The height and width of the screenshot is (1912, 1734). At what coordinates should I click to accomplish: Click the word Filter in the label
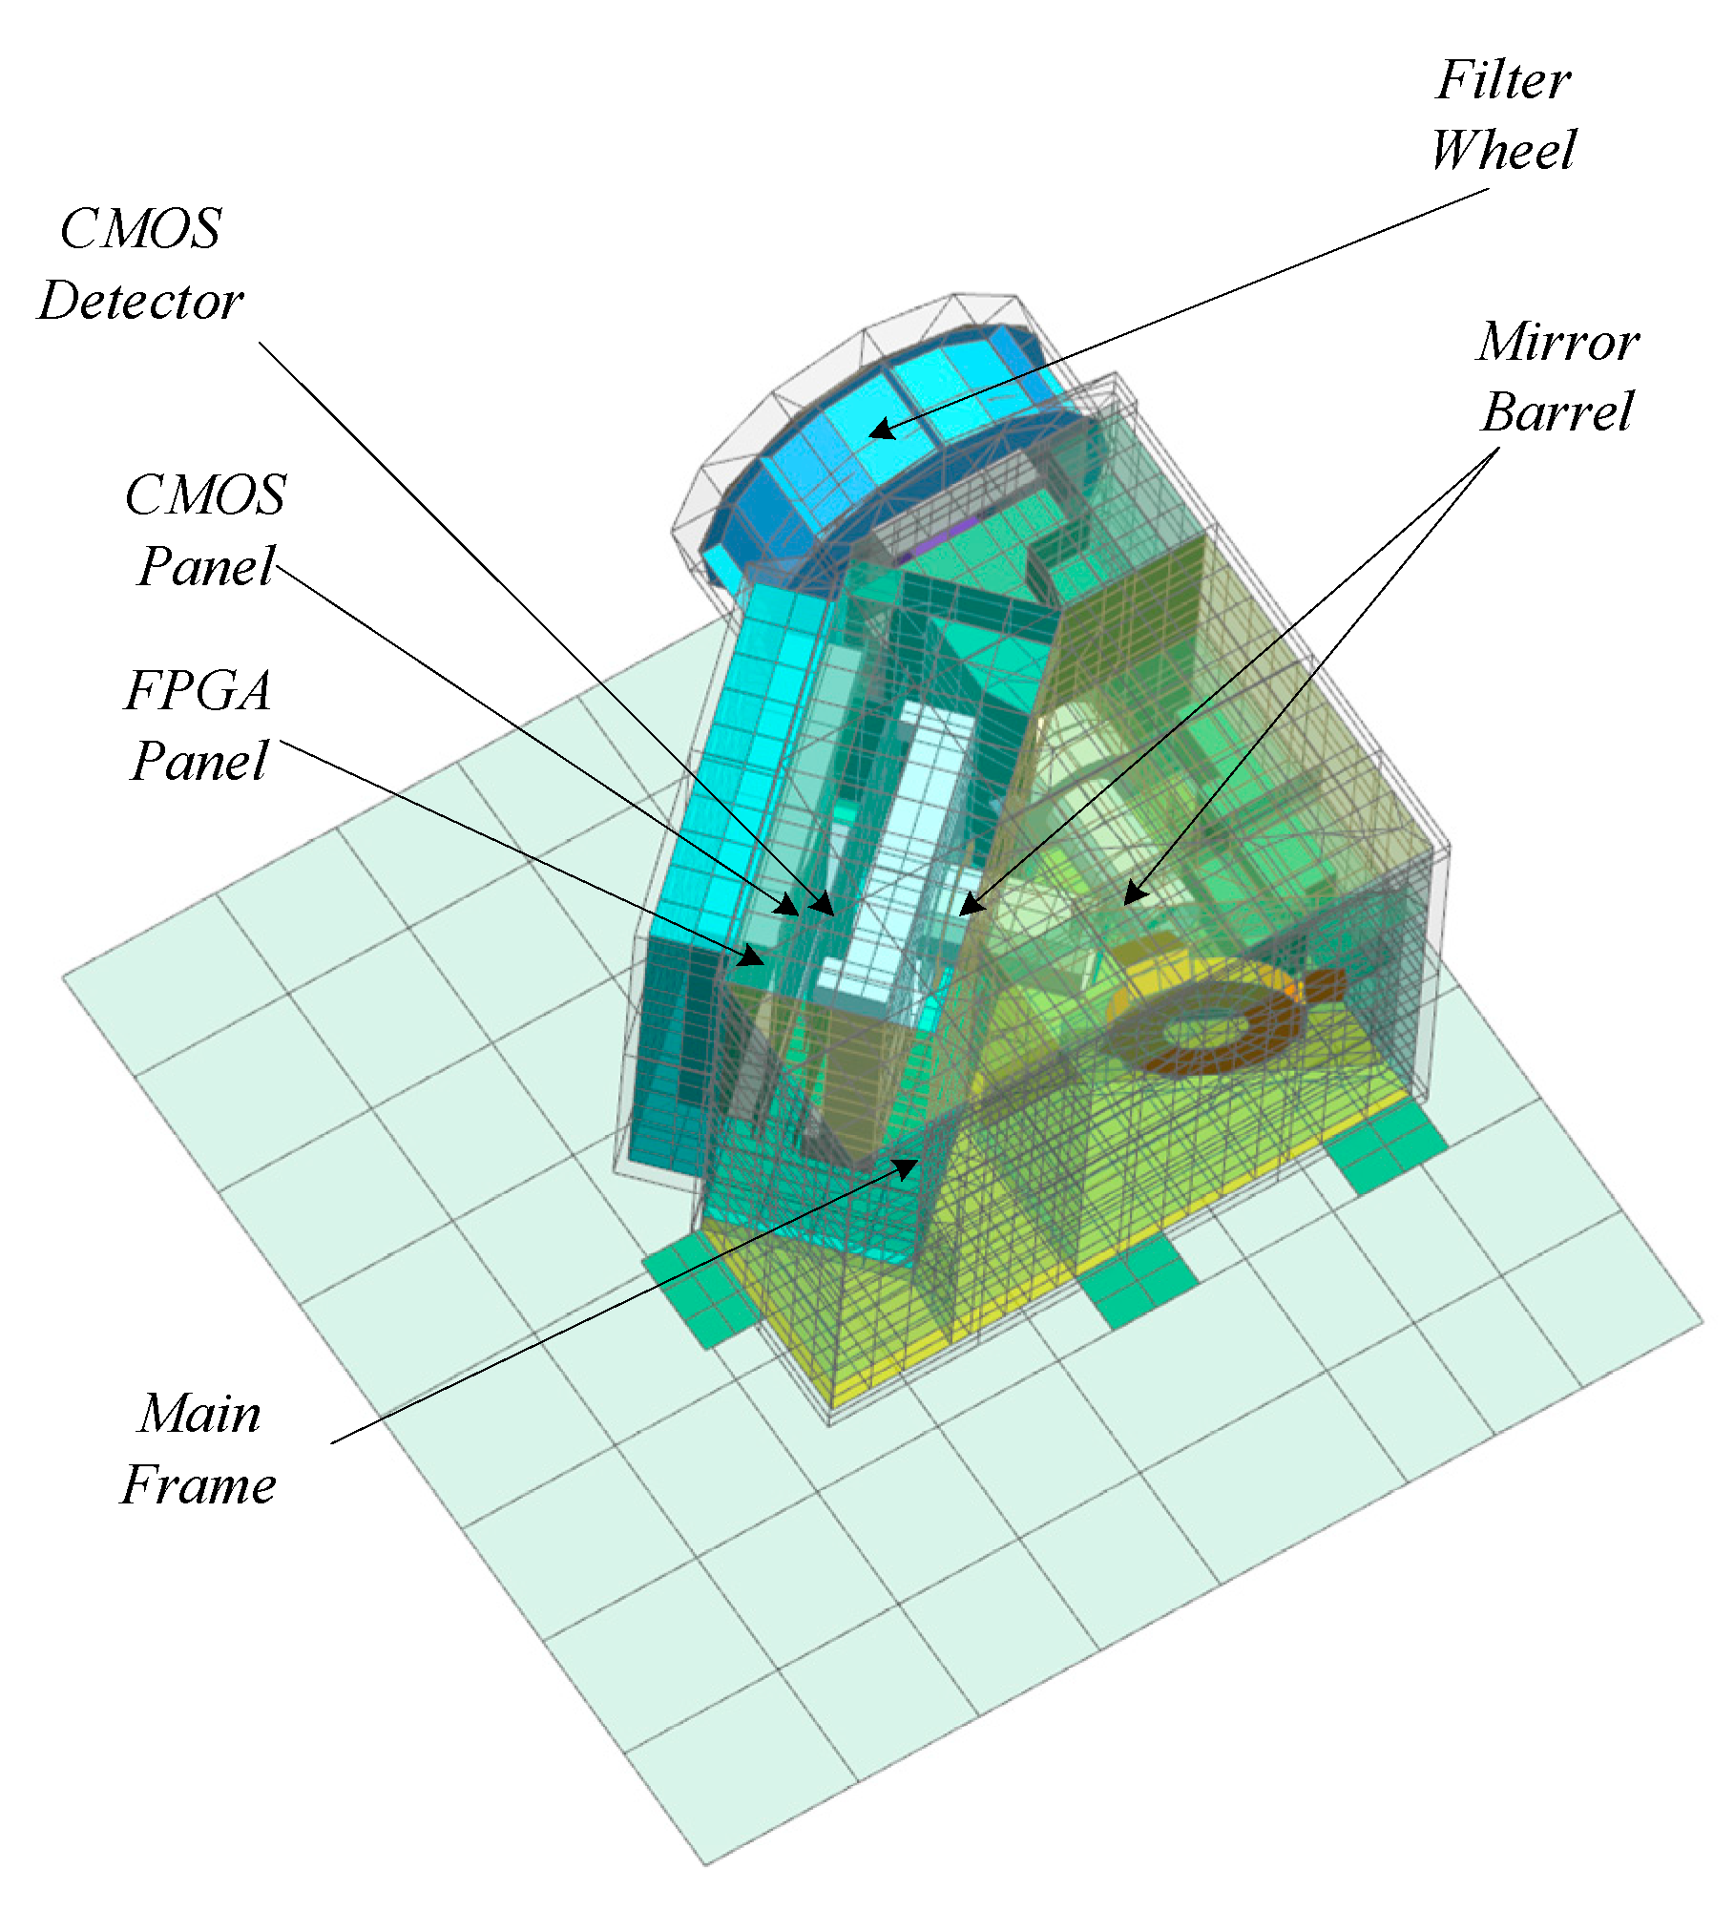point(1503,80)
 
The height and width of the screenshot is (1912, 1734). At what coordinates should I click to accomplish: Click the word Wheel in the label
point(1503,151)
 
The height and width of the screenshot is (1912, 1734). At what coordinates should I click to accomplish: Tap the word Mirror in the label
point(1557,342)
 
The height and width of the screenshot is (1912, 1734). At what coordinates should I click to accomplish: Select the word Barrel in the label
point(1557,412)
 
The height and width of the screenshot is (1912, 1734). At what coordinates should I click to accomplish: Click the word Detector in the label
point(140,302)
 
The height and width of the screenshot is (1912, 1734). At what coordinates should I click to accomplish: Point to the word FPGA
point(198,691)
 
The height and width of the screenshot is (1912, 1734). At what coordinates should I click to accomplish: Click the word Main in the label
point(198,1414)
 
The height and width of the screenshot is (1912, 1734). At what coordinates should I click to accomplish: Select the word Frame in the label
point(198,1486)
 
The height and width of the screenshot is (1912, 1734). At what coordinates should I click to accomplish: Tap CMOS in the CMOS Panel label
point(205,495)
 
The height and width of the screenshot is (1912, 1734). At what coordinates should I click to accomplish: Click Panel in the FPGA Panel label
point(198,762)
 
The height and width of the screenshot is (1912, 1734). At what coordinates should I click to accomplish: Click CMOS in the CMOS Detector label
point(140,230)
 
